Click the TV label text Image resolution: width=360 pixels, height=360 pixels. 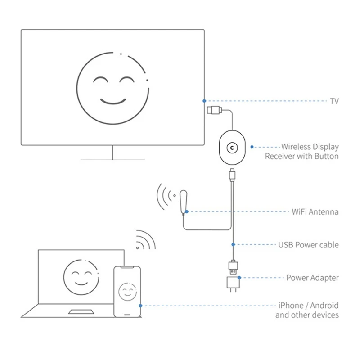click(334, 101)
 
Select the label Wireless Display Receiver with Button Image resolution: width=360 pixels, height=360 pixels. click(302, 152)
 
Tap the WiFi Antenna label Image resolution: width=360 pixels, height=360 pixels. click(315, 211)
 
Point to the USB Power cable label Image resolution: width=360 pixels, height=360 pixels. click(308, 245)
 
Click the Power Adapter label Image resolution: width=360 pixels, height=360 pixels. click(312, 278)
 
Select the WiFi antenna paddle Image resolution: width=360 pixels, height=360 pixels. click(183, 201)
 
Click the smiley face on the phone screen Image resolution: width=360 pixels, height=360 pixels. click(127, 292)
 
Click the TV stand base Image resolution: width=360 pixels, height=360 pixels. click(112, 159)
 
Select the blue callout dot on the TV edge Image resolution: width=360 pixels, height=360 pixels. click(204, 101)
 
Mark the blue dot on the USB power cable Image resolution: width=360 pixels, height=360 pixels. click(233, 245)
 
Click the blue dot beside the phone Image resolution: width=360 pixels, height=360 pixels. click(141, 306)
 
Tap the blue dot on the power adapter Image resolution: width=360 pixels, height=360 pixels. click(240, 278)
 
